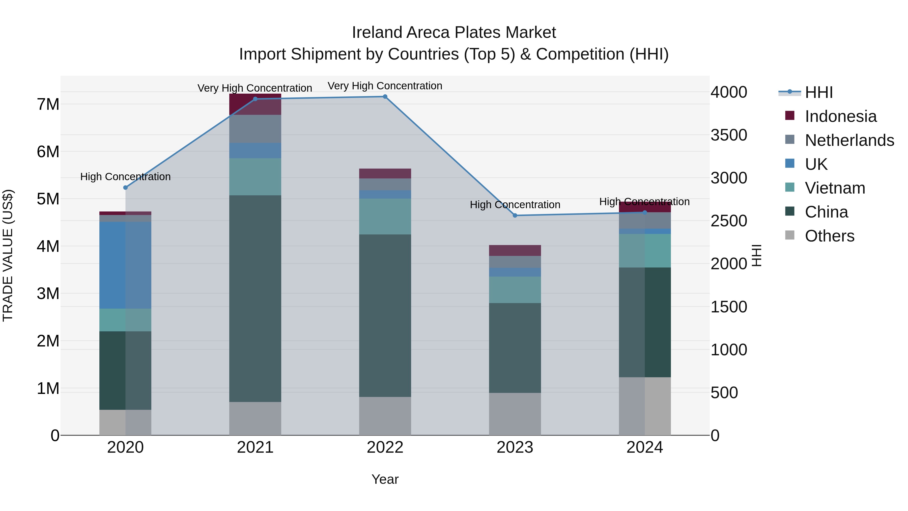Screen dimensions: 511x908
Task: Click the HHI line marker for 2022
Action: click(385, 97)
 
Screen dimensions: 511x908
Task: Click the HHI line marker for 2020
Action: click(126, 187)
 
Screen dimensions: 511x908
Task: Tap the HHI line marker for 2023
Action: click(515, 216)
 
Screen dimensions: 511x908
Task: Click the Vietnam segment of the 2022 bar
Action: click(385, 217)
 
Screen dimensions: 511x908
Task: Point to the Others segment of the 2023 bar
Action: click(515, 414)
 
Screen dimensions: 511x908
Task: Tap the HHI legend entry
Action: click(818, 92)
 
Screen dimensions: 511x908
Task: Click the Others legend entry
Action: click(829, 236)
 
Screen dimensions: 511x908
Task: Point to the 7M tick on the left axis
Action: click(48, 104)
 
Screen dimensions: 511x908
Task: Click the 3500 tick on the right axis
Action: click(729, 135)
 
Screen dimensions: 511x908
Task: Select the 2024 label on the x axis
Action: click(645, 447)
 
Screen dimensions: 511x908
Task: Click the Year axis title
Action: click(385, 479)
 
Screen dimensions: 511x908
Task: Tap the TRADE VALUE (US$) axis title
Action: click(8, 255)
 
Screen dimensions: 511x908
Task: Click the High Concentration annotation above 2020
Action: click(126, 177)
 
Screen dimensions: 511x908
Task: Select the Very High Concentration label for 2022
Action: click(385, 86)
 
